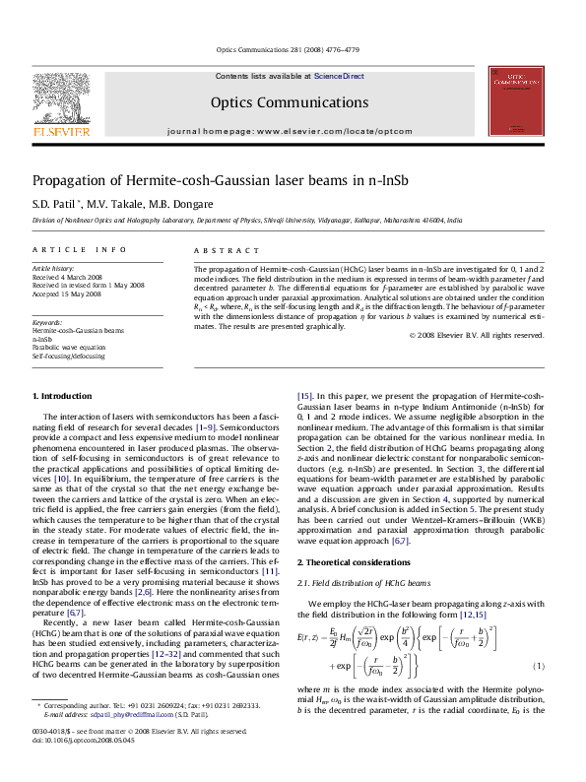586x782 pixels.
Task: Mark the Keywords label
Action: click(x=48, y=322)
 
